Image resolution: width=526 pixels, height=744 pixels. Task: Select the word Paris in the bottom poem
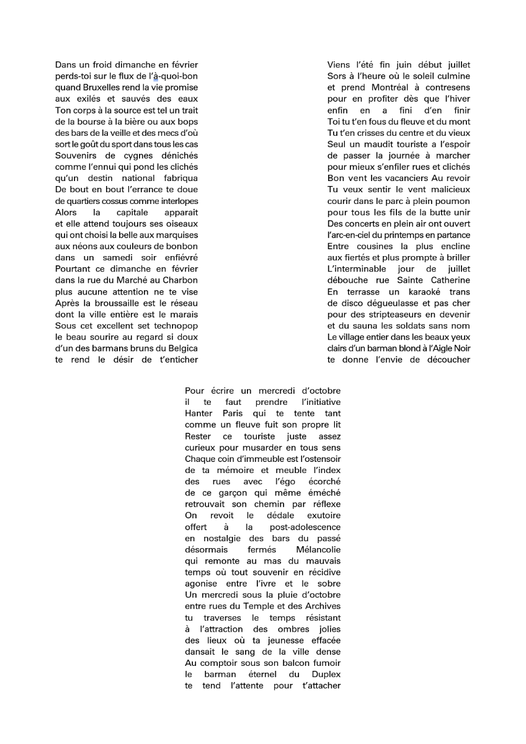[x=230, y=414]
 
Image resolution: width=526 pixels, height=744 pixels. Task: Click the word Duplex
[x=326, y=674]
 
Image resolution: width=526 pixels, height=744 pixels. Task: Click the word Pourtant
[x=74, y=269]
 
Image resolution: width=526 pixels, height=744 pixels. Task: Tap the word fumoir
[x=324, y=663]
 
